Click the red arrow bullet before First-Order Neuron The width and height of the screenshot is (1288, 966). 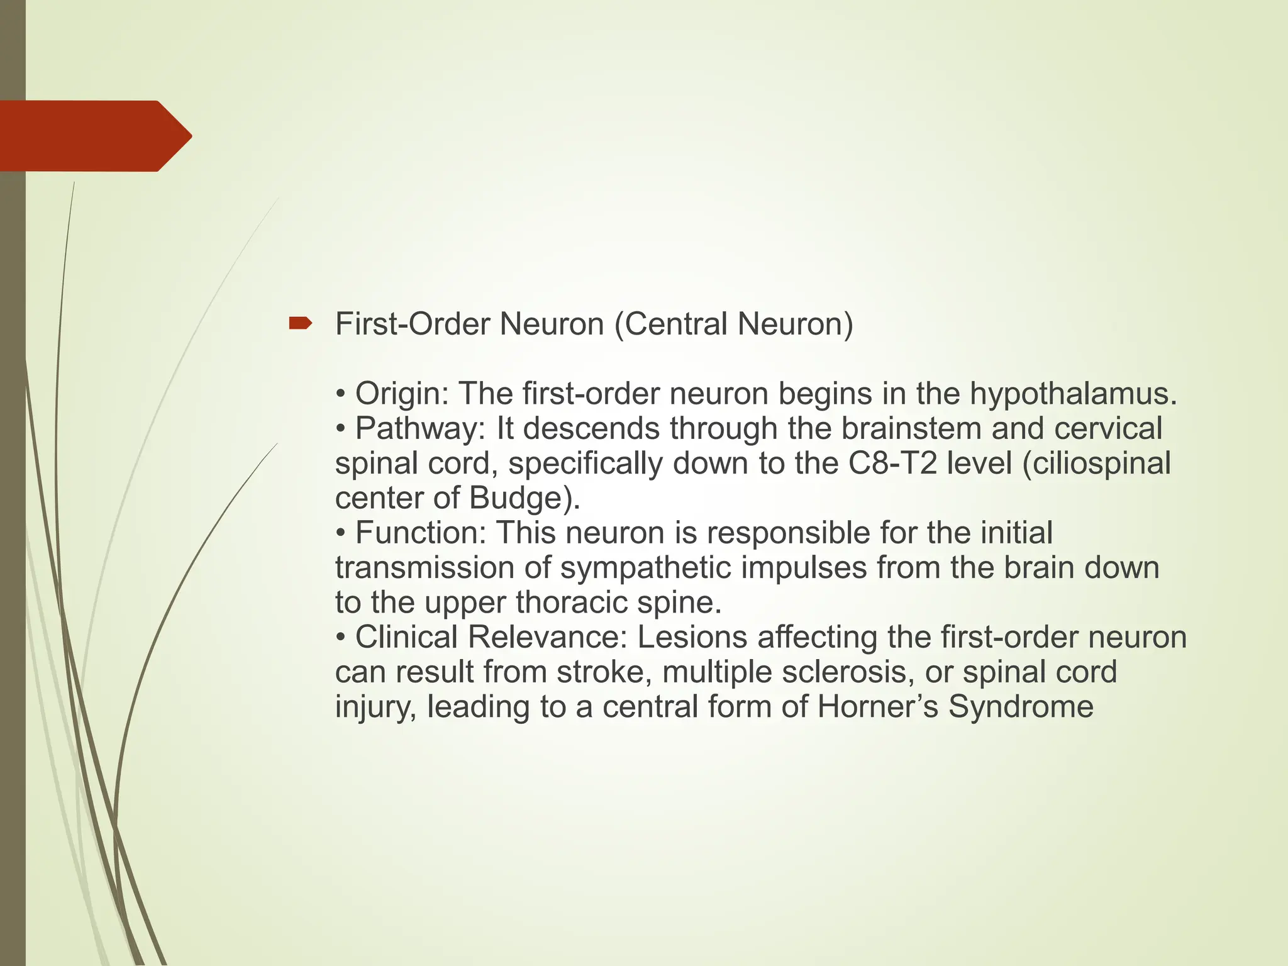[300, 324]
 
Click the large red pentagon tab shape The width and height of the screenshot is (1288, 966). [94, 136]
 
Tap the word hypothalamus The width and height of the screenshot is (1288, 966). [1073, 394]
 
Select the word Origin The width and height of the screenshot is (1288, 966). [401, 394]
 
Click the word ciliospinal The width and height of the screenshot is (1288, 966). [1097, 464]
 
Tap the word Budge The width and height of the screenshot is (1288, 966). [515, 498]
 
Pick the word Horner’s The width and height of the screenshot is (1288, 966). [878, 706]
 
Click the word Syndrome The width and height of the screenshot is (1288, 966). [1021, 706]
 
